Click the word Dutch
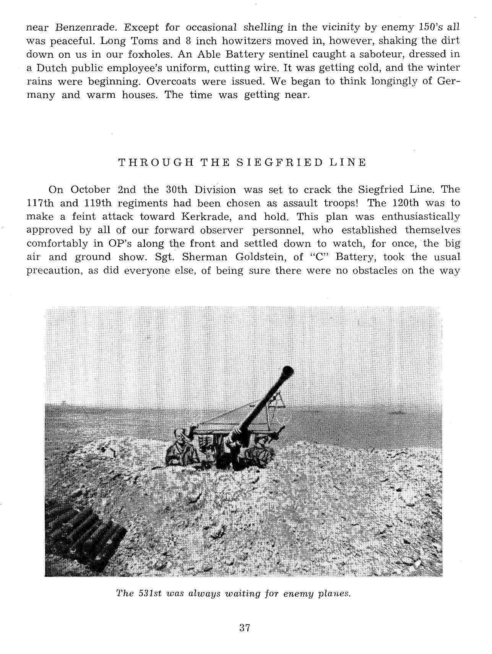[52, 68]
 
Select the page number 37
[245, 628]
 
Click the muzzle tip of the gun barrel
[287, 370]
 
